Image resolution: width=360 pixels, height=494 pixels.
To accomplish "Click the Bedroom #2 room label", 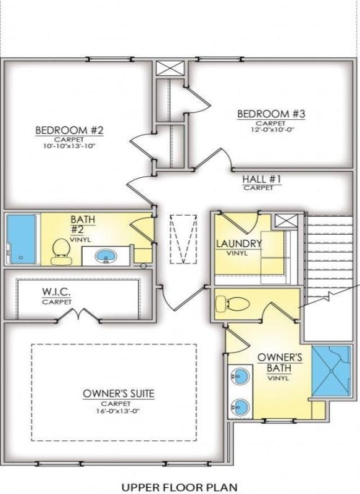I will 69,130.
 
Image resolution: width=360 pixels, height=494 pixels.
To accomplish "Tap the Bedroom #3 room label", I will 271,114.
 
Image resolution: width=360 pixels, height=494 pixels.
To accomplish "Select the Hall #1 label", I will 262,180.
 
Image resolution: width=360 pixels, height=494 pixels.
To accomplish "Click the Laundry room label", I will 238,243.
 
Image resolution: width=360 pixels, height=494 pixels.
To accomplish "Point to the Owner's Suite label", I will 119,393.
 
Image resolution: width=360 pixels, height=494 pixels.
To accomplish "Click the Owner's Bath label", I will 279,362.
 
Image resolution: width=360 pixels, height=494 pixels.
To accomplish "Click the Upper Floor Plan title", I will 179,487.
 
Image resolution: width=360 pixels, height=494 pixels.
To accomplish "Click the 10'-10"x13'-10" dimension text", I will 69,146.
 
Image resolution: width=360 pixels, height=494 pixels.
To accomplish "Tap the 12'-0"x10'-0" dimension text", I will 271,130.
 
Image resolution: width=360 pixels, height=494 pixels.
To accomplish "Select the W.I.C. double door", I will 78,317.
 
